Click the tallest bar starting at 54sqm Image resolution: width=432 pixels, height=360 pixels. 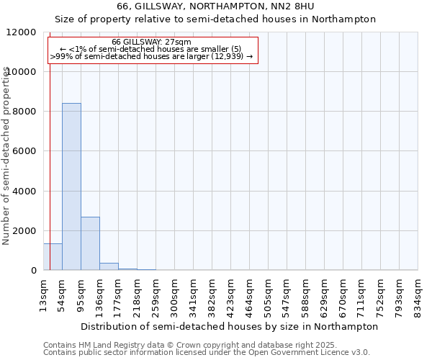point(71,186)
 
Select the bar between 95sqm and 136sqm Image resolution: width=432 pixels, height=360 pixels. point(90,243)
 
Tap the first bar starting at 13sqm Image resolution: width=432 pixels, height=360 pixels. point(53,257)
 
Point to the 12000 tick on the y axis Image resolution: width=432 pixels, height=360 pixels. point(22,32)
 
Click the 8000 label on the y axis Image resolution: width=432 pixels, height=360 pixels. point(25,112)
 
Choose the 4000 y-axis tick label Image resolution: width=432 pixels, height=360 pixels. point(25,192)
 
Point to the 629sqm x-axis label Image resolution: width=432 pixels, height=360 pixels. point(325,294)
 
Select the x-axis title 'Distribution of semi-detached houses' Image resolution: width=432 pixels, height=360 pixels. point(230,326)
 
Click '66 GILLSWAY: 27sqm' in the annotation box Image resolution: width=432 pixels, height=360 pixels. point(152,42)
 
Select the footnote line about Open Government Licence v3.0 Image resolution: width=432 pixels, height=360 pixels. point(207,352)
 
